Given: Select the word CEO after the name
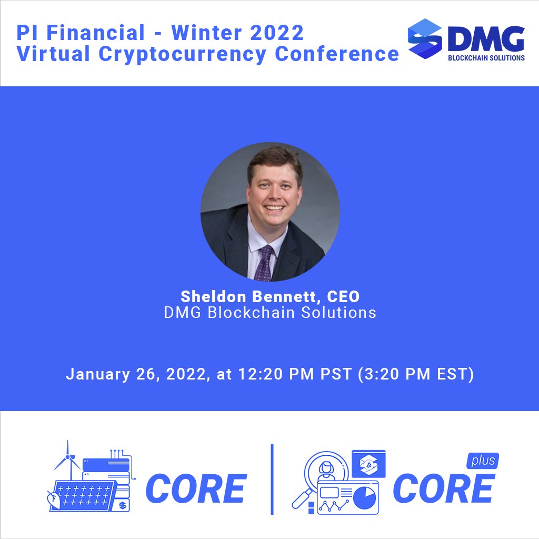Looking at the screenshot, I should pos(343,297).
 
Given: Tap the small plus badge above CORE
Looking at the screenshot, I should pos(482,461).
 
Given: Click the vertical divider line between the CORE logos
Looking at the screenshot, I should pos(272,479).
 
